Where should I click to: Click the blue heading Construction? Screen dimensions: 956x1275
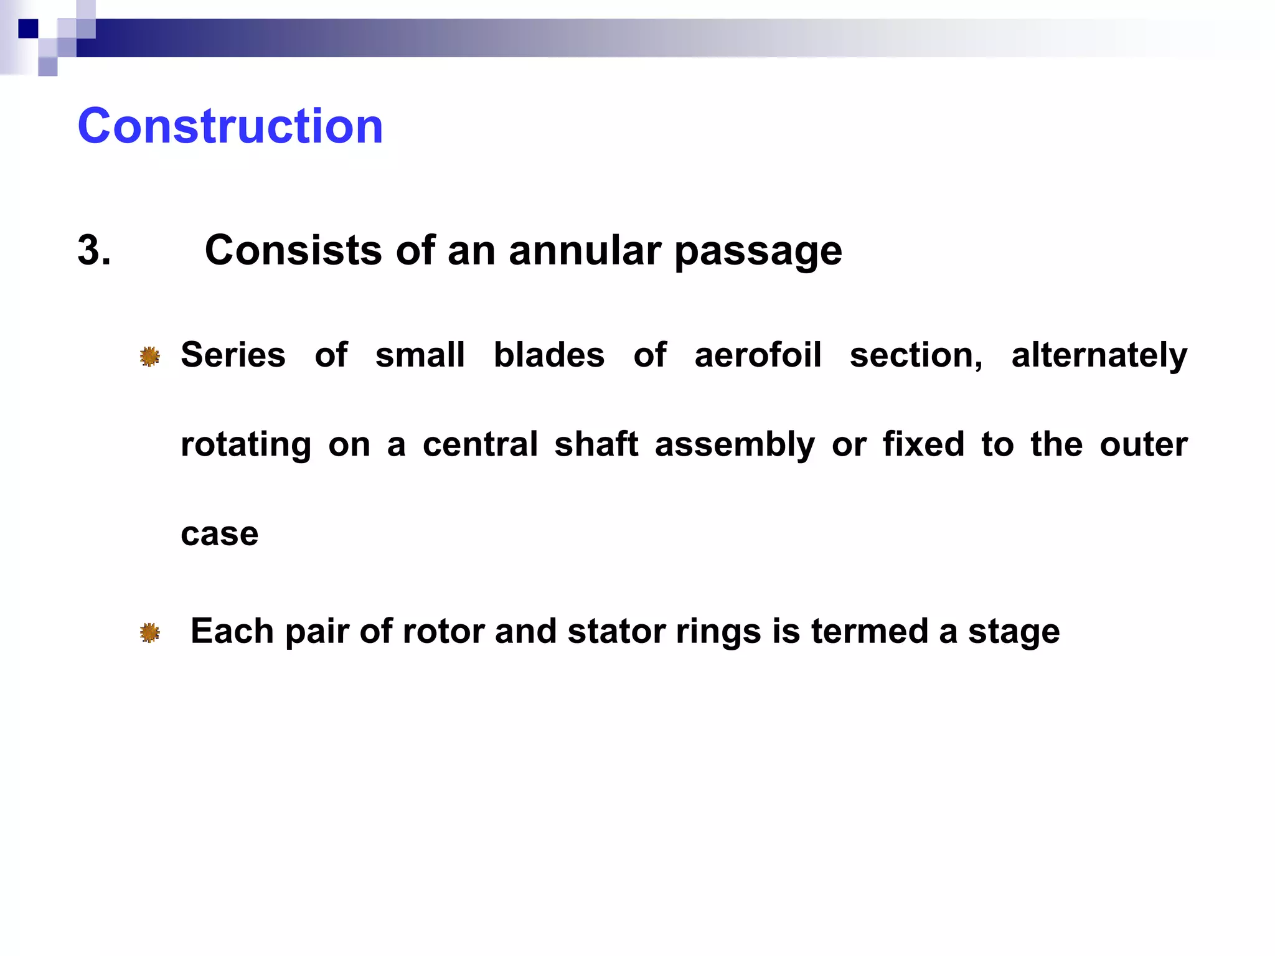pyautogui.click(x=230, y=126)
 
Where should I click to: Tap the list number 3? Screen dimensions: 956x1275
pyautogui.click(x=94, y=251)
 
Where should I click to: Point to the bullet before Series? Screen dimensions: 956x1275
pyautogui.click(x=149, y=357)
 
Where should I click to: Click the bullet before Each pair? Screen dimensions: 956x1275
pyautogui.click(x=149, y=633)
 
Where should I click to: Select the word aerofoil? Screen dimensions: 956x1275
pyautogui.click(x=758, y=355)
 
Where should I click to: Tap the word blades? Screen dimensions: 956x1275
pyautogui.click(x=548, y=355)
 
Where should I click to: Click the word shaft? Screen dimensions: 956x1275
pyautogui.click(x=596, y=444)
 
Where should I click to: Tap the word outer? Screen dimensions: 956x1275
pyautogui.click(x=1143, y=444)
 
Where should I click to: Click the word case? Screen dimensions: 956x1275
pyautogui.click(x=219, y=534)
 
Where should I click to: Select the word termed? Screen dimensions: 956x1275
pyautogui.click(x=869, y=632)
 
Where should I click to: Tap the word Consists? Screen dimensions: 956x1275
pyautogui.click(x=293, y=251)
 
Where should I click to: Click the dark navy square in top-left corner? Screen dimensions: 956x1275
pyautogui.click(x=28, y=29)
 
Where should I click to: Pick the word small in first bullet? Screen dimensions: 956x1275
pyautogui.click(x=420, y=355)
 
